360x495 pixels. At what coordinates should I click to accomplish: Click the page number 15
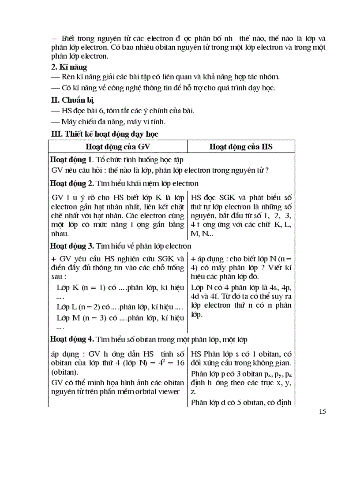[x=322, y=412]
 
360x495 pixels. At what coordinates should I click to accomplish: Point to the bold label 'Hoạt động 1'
[x=71, y=159]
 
